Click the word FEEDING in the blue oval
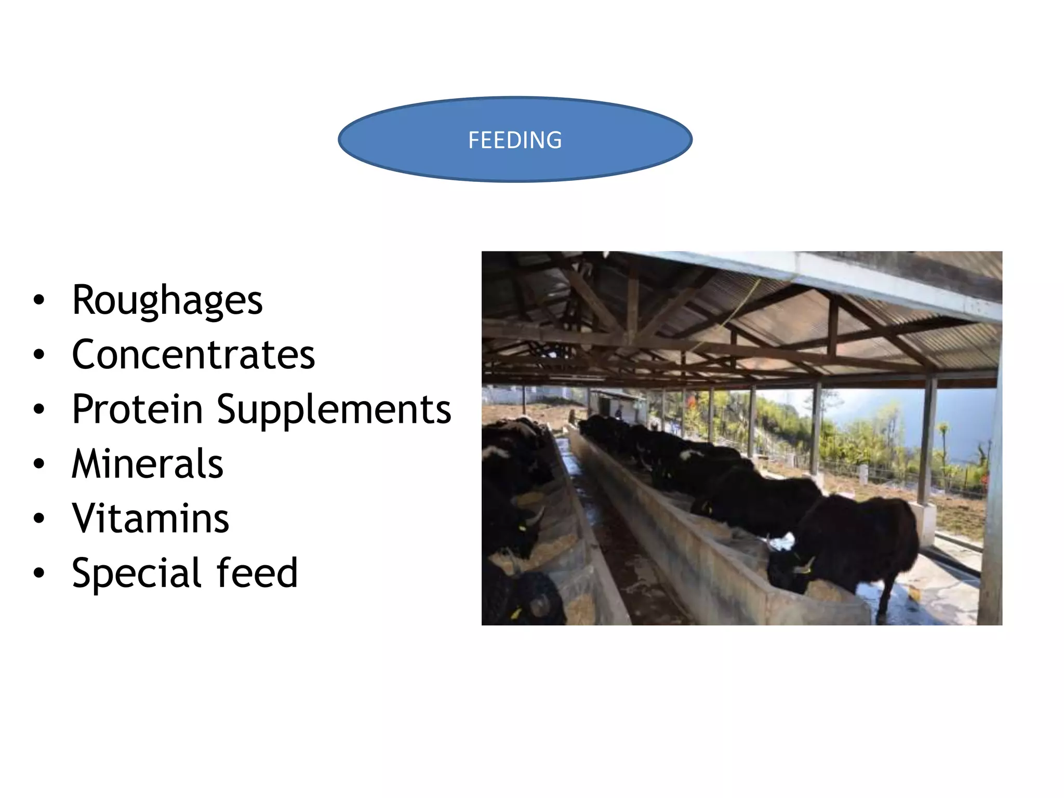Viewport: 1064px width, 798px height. click(515, 140)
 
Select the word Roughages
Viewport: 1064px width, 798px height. click(167, 301)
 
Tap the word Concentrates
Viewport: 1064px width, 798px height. click(193, 355)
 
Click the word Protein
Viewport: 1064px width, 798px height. click(137, 409)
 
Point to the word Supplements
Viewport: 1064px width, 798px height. click(334, 410)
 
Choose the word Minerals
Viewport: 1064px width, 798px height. click(148, 464)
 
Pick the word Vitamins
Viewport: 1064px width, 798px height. click(150, 518)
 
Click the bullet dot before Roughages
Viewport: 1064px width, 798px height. click(39, 301)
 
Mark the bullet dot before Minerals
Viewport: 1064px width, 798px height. click(39, 464)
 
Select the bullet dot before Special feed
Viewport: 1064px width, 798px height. click(39, 573)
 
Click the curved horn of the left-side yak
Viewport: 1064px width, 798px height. click(535, 517)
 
